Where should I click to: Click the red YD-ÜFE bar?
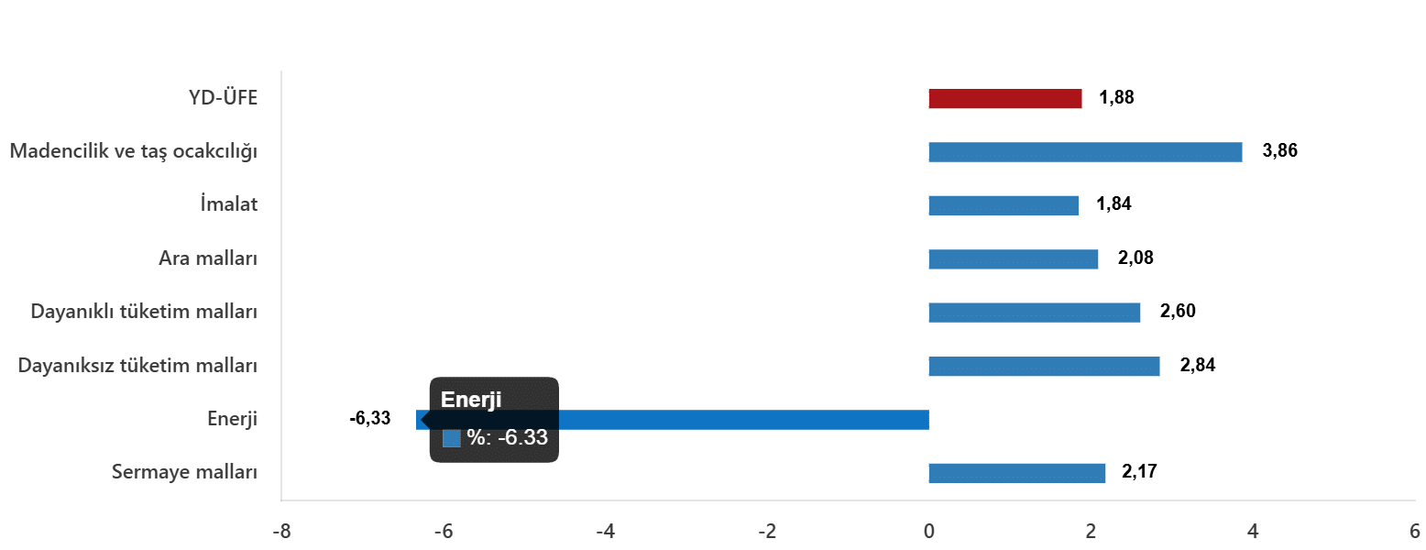point(1004,99)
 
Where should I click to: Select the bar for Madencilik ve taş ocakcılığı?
point(1085,152)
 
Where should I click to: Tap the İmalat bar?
point(1003,205)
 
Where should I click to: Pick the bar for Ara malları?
point(1013,259)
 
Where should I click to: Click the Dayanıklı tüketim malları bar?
point(1034,313)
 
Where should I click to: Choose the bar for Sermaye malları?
point(1016,473)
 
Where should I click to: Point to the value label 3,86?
point(1279,151)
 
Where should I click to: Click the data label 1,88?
point(1116,98)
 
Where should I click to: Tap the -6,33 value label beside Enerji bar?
point(369,419)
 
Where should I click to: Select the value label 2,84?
point(1198,366)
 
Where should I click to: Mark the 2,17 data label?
point(1139,473)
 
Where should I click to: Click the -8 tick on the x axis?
point(280,532)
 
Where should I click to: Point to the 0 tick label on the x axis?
point(928,532)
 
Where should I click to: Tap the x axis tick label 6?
point(1414,532)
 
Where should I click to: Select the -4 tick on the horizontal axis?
point(604,532)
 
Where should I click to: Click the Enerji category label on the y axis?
point(232,420)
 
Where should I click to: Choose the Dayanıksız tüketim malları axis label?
point(137,366)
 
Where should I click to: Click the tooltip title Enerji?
point(471,400)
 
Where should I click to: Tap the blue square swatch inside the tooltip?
point(451,438)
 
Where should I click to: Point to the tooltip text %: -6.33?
point(507,438)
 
